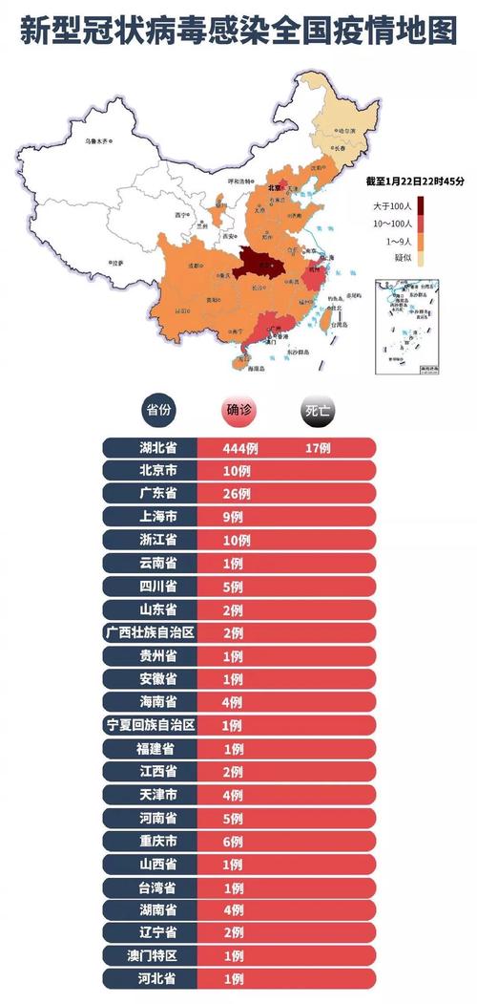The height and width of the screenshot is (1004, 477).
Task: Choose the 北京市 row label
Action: pyautogui.click(x=151, y=471)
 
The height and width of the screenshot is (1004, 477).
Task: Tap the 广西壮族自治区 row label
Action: pyautogui.click(x=151, y=632)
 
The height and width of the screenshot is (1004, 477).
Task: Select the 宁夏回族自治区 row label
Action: pyautogui.click(x=151, y=725)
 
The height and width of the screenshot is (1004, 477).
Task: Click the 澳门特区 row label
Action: pyautogui.click(x=151, y=956)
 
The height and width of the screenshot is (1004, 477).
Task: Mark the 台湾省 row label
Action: pyautogui.click(x=151, y=887)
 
